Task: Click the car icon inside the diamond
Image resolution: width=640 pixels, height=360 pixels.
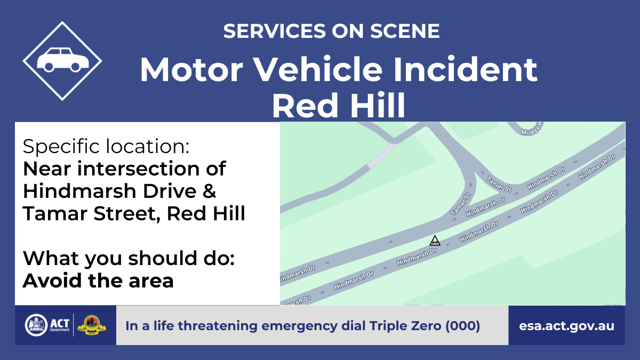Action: (x=63, y=60)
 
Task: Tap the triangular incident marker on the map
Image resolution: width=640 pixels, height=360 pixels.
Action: (x=435, y=241)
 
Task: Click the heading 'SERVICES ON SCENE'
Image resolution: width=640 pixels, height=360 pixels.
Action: (x=331, y=31)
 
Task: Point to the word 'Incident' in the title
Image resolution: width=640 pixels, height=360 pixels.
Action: (x=465, y=70)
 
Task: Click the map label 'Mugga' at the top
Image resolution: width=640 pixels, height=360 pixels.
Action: (x=531, y=130)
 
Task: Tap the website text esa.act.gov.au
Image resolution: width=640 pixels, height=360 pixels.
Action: (x=566, y=326)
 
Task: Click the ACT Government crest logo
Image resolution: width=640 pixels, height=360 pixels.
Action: (x=36, y=325)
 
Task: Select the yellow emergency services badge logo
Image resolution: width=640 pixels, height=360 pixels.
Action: (x=91, y=325)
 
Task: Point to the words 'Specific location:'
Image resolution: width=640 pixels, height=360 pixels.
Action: (x=106, y=146)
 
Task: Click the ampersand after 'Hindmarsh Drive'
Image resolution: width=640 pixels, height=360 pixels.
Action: (x=210, y=191)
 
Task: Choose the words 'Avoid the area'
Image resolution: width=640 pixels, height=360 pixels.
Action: (x=98, y=281)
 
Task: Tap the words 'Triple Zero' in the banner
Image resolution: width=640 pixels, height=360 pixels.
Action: (x=405, y=326)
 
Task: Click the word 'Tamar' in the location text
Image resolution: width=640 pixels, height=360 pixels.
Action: (x=55, y=213)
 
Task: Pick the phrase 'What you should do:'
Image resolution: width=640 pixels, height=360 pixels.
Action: (x=129, y=258)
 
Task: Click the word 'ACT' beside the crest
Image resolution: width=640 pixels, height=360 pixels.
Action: (x=60, y=323)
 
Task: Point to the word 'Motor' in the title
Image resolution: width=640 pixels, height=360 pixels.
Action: (x=191, y=70)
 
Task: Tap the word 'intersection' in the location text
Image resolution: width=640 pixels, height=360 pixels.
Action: (x=138, y=169)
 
